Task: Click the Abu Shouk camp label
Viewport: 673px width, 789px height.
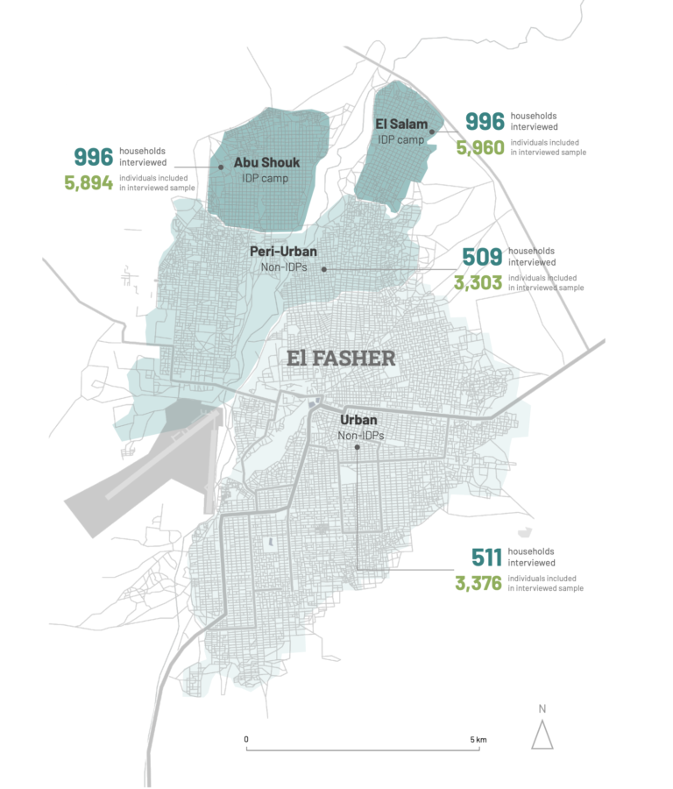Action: pos(266,162)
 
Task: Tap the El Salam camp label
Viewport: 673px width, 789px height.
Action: pos(401,124)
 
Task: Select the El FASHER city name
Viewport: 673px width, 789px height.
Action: pos(342,358)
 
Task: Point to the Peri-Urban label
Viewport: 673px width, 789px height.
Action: pos(283,251)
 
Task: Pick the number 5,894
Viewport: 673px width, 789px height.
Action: pos(88,183)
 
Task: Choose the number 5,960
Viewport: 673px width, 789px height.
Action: pos(480,147)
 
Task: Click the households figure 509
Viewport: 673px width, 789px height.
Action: pos(482,256)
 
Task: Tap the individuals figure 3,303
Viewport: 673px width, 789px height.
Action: pos(478,282)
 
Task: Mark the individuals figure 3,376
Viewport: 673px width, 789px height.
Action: pos(478,583)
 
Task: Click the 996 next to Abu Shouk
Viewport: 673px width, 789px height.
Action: pos(93,157)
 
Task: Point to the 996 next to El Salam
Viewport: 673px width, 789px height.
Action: pos(485,121)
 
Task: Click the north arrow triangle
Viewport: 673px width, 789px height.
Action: pos(542,733)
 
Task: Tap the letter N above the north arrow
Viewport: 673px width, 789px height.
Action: pos(542,708)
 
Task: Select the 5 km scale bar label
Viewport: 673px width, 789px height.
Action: pos(478,740)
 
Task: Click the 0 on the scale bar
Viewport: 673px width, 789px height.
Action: pos(246,740)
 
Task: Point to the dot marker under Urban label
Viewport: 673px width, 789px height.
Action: pos(358,447)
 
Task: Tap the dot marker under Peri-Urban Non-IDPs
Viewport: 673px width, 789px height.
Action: pos(323,269)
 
